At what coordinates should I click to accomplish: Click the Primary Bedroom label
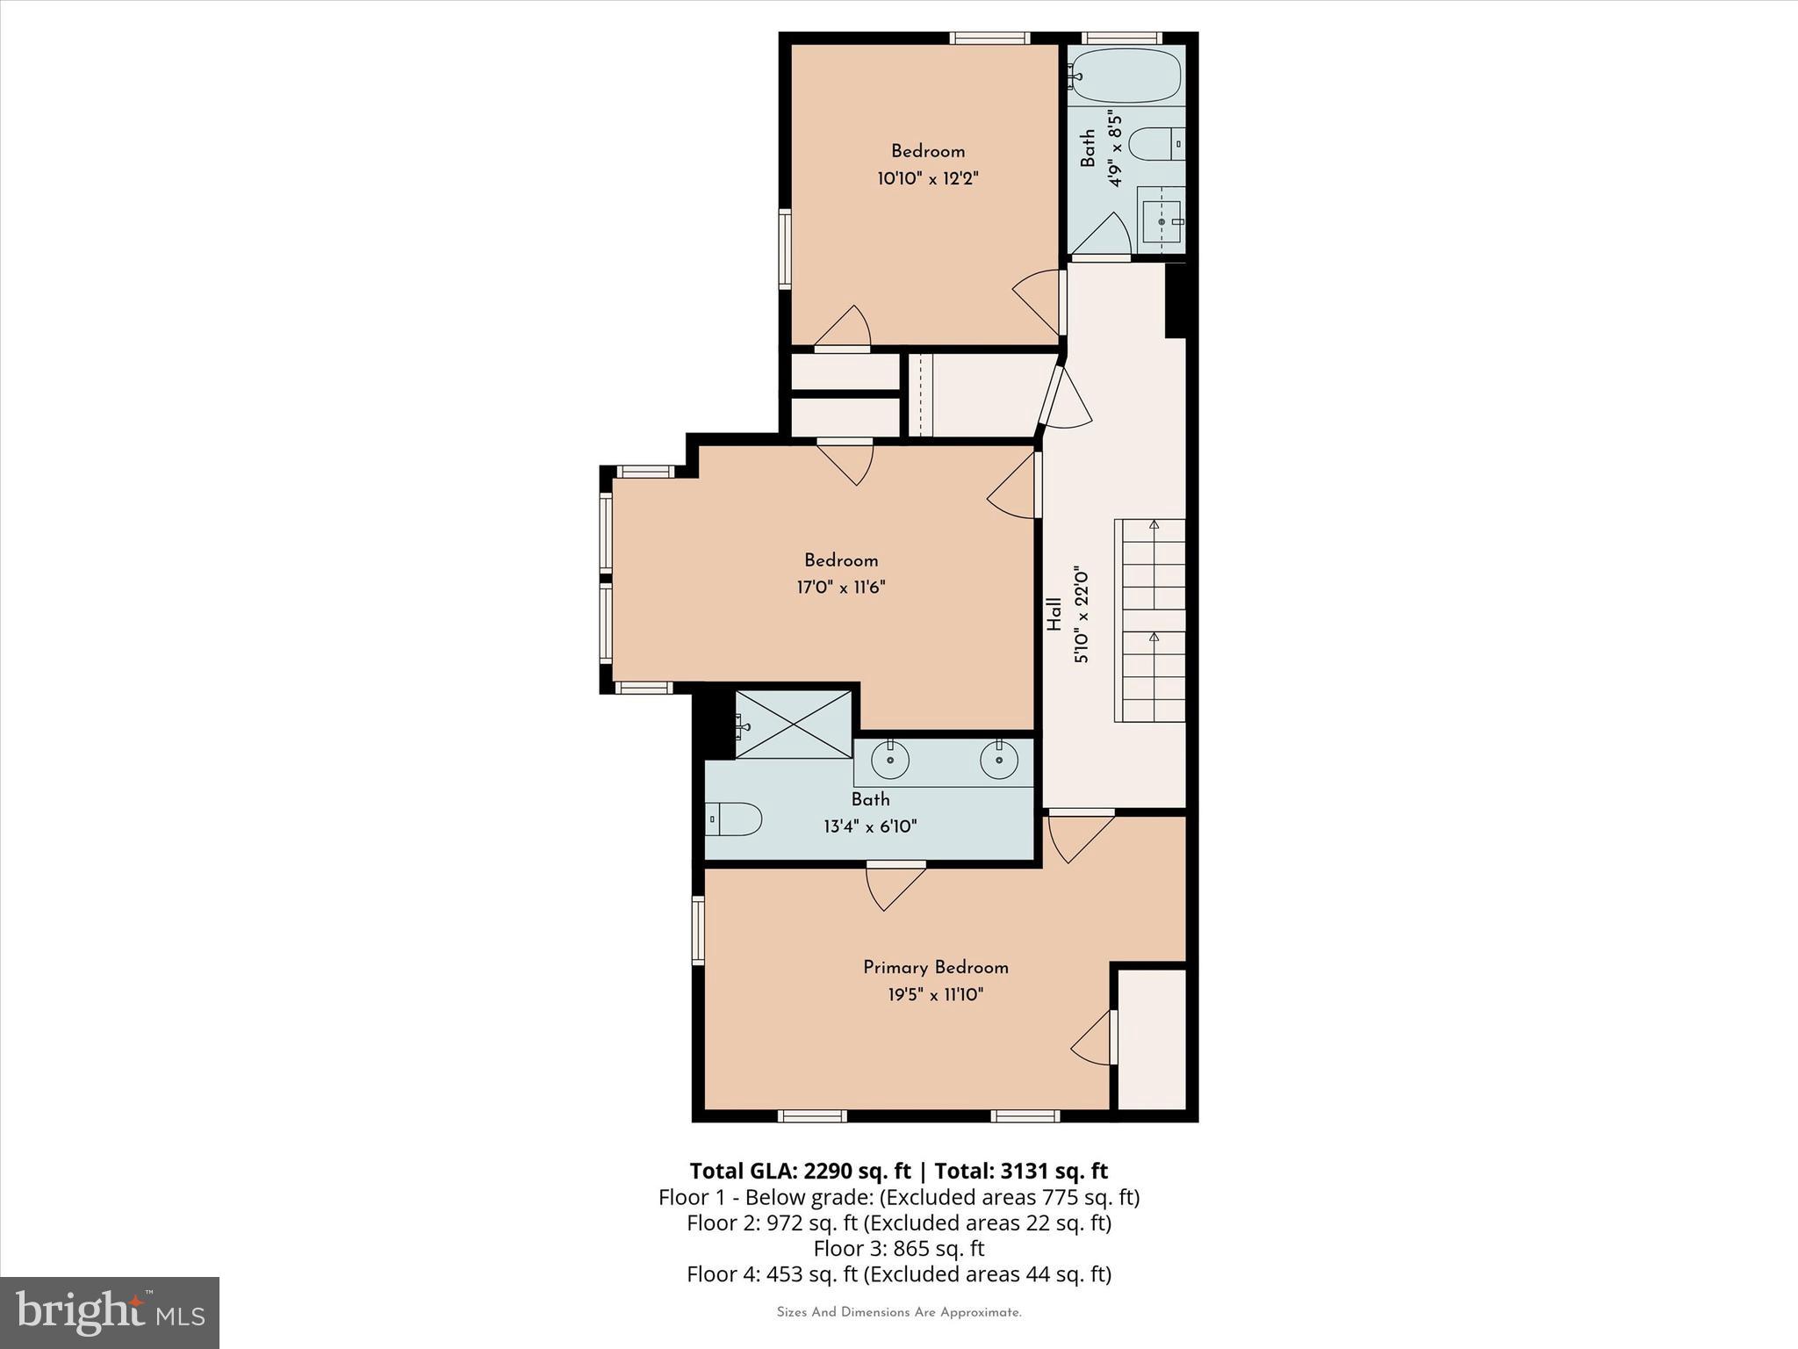point(935,967)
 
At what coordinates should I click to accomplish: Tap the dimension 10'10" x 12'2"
point(927,179)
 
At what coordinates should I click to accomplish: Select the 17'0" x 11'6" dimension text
point(841,588)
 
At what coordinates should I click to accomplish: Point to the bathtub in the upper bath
point(1125,76)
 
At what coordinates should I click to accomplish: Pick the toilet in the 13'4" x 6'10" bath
point(733,819)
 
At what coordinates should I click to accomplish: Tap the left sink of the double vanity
point(889,760)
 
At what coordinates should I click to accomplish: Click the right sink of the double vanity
point(998,760)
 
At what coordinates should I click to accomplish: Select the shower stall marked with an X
point(794,725)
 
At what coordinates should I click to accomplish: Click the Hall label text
point(1054,614)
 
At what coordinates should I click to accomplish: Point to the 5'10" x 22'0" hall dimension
point(1082,614)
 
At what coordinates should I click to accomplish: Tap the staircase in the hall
point(1149,620)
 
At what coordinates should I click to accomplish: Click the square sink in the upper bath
point(1161,221)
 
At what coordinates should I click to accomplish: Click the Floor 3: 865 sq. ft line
point(898,1248)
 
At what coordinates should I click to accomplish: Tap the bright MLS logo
point(109,1312)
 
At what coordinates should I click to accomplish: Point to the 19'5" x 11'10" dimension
point(935,995)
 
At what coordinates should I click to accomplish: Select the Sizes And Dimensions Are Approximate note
point(898,1313)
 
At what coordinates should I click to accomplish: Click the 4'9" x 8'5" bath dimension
point(1116,148)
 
